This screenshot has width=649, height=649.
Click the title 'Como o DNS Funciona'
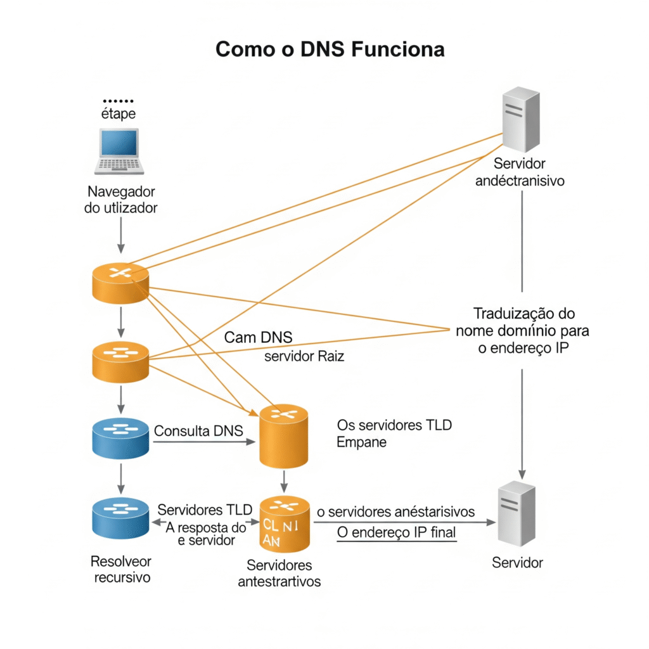(330, 49)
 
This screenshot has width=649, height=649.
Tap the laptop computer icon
(120, 151)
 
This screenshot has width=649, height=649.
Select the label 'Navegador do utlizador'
(120, 199)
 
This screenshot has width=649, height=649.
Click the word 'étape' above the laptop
(119, 114)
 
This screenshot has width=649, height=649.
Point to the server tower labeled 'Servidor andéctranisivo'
(520, 120)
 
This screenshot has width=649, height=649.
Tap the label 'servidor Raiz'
(304, 356)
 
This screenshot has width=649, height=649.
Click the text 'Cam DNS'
(258, 337)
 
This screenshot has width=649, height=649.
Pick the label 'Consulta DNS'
(198, 431)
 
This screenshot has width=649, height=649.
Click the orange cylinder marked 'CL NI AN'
(285, 524)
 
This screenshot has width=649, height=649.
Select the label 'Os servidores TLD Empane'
(394, 434)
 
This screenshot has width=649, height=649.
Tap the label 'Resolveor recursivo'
(121, 569)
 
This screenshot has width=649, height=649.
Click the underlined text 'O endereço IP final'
(396, 532)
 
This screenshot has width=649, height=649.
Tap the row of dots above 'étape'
(119, 101)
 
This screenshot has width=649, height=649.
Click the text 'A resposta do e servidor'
(204, 533)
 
